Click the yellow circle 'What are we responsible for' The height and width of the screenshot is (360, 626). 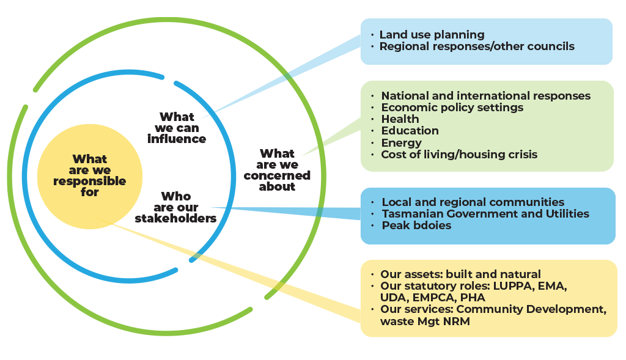pos(89,176)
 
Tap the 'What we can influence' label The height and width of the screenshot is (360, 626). pos(177,128)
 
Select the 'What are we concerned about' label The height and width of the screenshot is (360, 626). pos(277,170)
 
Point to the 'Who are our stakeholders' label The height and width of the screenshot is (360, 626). pos(176,207)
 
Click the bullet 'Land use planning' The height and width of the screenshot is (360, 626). pos(432,35)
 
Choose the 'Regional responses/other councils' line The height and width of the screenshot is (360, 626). pos(477,46)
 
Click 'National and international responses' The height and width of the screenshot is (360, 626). pos(485,96)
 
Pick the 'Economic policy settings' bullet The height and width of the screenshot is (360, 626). pos(452,108)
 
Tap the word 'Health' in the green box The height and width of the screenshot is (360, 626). pos(400,119)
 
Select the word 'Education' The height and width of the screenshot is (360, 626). pos(410,131)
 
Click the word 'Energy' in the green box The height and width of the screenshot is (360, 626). pos(401,143)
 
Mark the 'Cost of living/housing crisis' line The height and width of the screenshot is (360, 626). pos(459,155)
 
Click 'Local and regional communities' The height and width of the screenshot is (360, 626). pos(473,202)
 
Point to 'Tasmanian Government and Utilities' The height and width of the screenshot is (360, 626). pos(485,214)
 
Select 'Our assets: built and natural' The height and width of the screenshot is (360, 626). pos(460,274)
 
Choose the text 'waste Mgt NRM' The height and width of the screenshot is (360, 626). pos(425,321)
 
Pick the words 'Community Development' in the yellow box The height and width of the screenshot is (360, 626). pos(531,309)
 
